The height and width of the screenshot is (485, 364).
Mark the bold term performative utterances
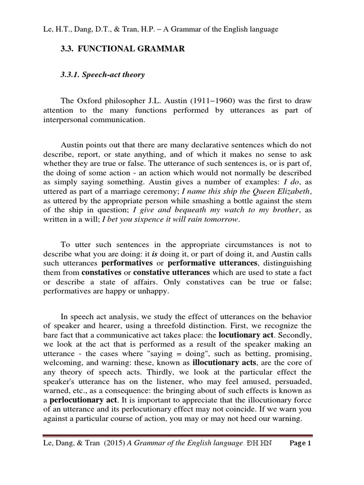[213, 262]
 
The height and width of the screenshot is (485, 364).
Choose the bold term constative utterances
[172, 273]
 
